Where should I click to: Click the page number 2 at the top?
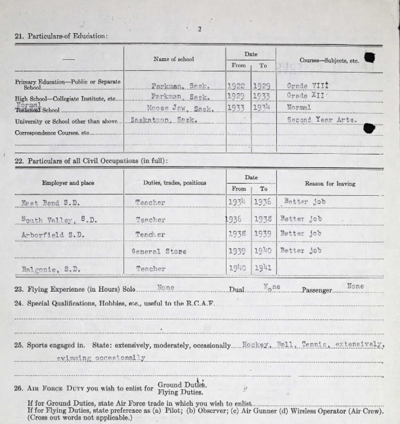[199, 29]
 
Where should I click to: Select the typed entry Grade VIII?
[308, 85]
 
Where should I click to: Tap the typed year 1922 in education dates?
[237, 85]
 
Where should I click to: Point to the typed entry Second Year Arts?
[321, 120]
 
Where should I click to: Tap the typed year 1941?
[263, 268]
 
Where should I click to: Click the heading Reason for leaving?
[330, 184]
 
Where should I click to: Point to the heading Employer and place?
[68, 183]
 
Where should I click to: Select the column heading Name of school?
[173, 60]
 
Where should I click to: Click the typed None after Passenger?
[355, 286]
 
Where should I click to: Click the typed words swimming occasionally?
[101, 358]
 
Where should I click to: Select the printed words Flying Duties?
[180, 392]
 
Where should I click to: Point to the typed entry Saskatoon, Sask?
[164, 120]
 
